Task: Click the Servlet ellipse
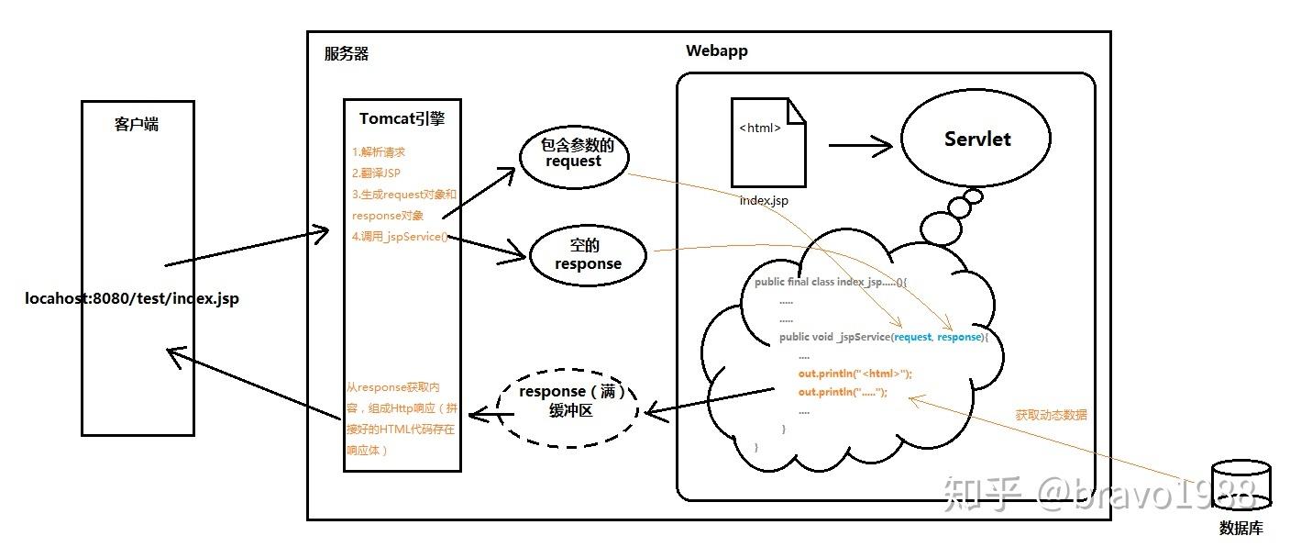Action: click(977, 140)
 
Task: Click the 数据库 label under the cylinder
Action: click(1240, 529)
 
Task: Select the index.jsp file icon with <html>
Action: click(768, 142)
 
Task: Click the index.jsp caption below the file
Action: click(764, 200)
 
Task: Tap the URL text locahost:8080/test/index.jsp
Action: click(132, 299)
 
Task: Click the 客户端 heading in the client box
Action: click(137, 124)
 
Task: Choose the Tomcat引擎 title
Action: click(402, 119)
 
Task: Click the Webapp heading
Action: click(716, 51)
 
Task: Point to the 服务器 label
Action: click(347, 54)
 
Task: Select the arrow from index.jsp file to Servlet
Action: click(860, 144)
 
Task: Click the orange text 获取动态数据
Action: click(1051, 415)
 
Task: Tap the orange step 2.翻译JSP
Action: click(376, 173)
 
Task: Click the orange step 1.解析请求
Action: click(379, 152)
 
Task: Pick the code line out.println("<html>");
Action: click(854, 374)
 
